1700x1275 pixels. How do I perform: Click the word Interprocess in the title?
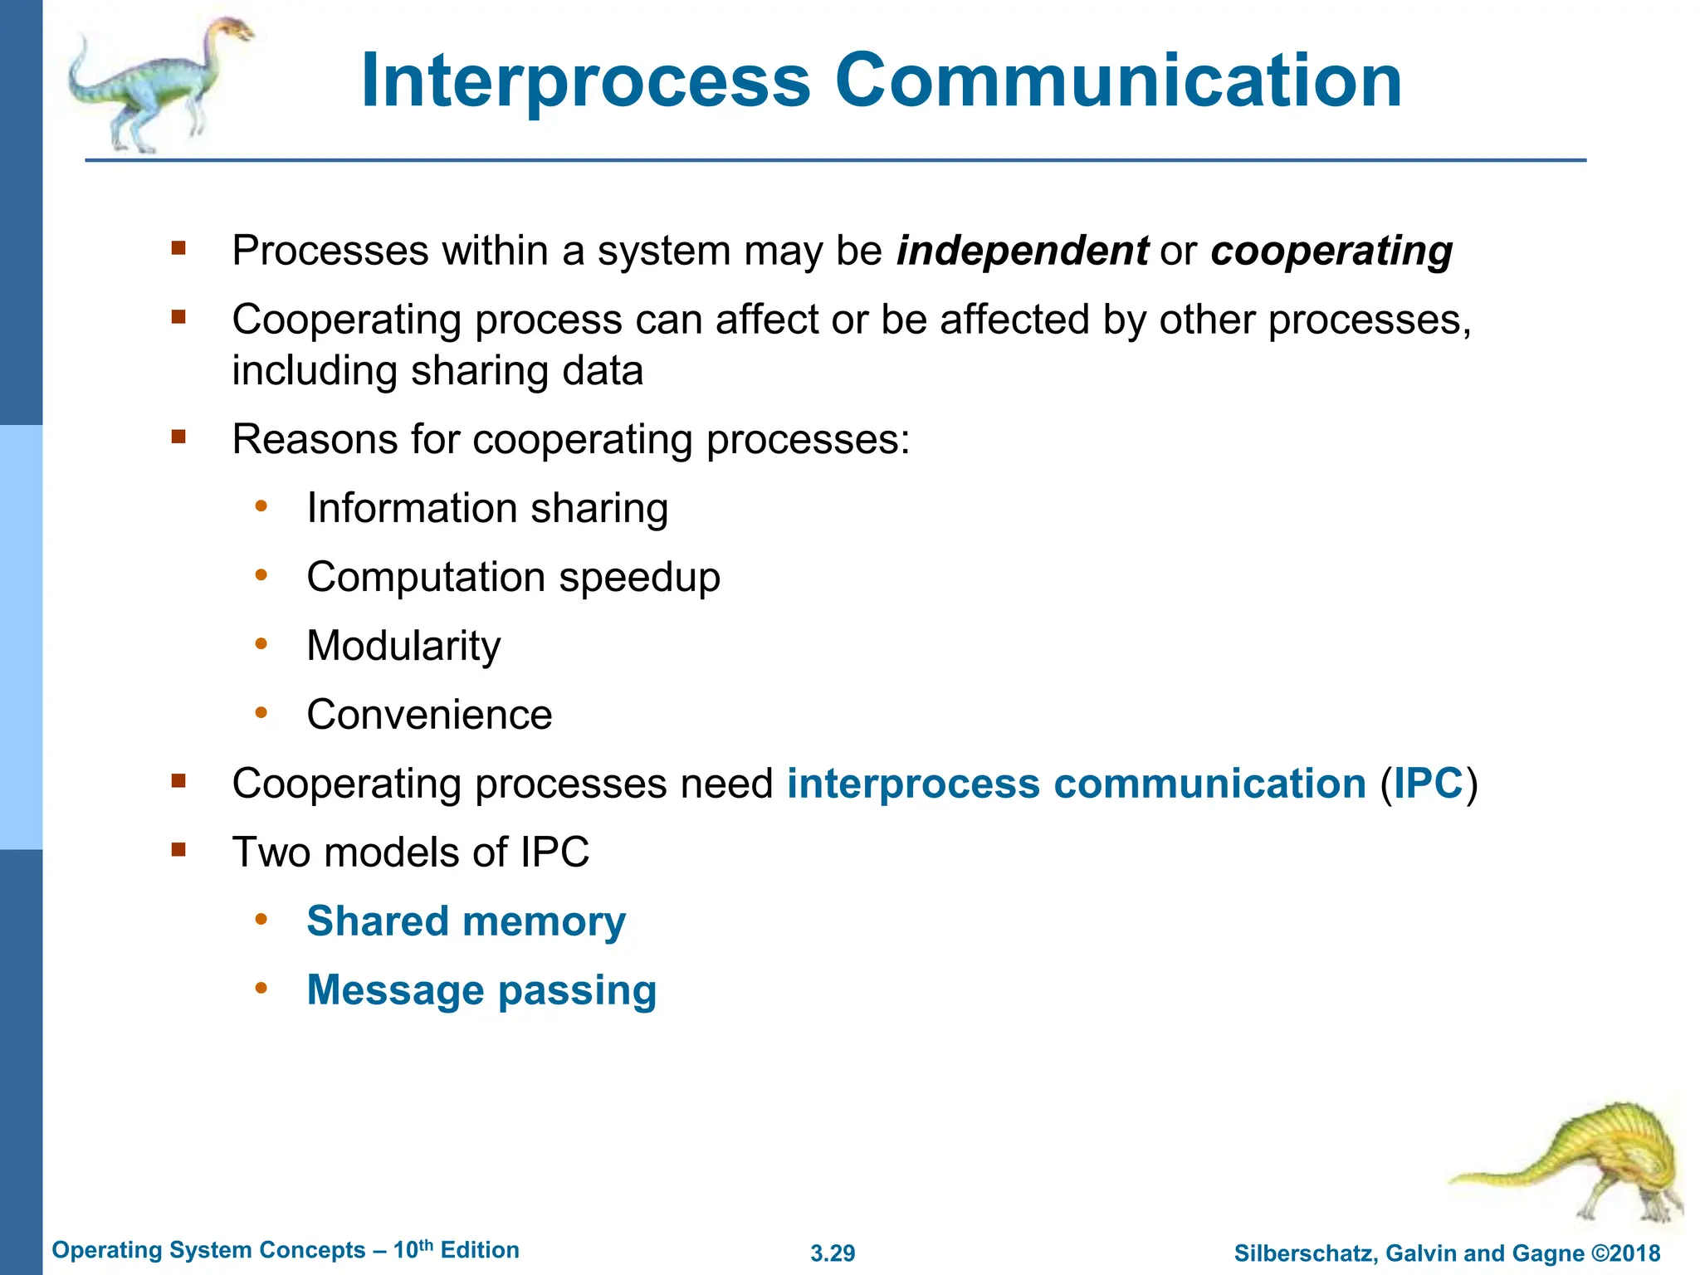585,81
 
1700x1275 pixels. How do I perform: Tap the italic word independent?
1022,251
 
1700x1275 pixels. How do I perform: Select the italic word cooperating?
1331,251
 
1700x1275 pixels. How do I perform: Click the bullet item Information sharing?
487,508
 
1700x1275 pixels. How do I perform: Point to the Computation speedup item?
513,577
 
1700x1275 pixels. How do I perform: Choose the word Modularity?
403,646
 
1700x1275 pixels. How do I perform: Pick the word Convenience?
429,715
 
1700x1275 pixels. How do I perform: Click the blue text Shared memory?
466,921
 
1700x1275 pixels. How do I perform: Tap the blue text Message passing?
481,990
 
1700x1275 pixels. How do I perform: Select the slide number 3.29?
833,1253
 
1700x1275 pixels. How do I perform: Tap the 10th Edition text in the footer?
456,1250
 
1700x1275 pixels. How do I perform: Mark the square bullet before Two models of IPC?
178,849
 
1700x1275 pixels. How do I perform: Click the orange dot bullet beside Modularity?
261,643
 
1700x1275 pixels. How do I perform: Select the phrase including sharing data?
437,371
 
